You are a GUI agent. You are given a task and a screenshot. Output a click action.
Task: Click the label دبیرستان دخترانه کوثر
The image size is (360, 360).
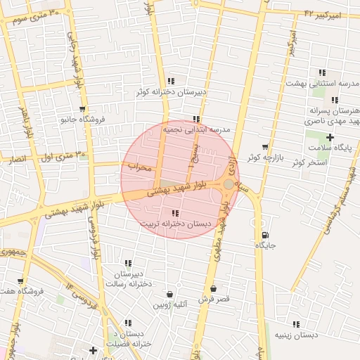pyautogui.click(x=171, y=91)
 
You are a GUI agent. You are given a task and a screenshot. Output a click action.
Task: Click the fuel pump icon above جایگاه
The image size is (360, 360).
pyautogui.click(x=264, y=235)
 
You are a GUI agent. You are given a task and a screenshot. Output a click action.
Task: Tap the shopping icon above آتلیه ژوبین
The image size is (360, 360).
pyautogui.click(x=169, y=294)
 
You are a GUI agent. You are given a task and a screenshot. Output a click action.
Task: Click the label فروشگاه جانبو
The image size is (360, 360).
pyautogui.click(x=83, y=119)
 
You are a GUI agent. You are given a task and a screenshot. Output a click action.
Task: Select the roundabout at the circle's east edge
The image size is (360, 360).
pyautogui.click(x=229, y=184)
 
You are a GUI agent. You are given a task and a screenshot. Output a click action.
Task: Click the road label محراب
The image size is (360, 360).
pyautogui.click(x=140, y=167)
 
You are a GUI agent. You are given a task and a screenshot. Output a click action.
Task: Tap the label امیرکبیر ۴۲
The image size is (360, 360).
pyautogui.click(x=322, y=14)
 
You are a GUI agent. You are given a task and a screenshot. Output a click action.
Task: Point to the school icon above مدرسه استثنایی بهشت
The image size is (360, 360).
pyautogui.click(x=322, y=72)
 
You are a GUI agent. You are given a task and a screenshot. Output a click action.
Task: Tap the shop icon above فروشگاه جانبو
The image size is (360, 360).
pyautogui.click(x=83, y=109)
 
